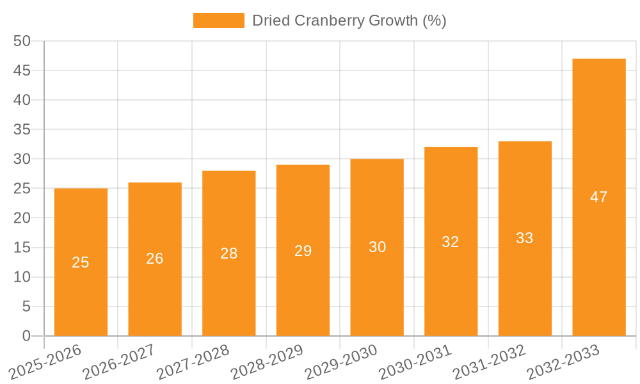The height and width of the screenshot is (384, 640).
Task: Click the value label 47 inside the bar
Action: pyautogui.click(x=598, y=197)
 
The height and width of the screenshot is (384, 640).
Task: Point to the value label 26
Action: pyautogui.click(x=155, y=259)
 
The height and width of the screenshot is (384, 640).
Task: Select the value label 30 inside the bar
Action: pyautogui.click(x=377, y=247)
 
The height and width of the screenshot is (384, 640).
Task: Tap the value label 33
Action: pyautogui.click(x=525, y=238)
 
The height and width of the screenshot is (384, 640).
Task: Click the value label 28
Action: pyautogui.click(x=229, y=253)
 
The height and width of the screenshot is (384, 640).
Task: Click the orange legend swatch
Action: pyautogui.click(x=218, y=20)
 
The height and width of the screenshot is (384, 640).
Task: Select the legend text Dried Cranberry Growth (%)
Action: pyautogui.click(x=349, y=20)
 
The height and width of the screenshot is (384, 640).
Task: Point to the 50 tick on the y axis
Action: pyautogui.click(x=22, y=41)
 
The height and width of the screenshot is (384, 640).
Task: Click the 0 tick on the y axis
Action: pyautogui.click(x=26, y=336)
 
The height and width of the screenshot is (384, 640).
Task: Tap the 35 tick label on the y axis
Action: pyautogui.click(x=22, y=129)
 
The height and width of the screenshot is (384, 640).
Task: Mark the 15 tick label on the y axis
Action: pyautogui.click(x=22, y=248)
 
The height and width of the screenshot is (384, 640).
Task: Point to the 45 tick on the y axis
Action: pyautogui.click(x=22, y=70)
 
